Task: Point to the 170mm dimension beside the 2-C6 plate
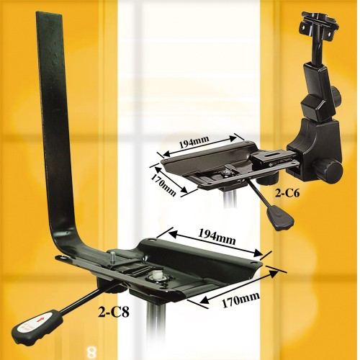pyautogui.click(x=163, y=181)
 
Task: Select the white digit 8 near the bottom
pyautogui.click(x=91, y=353)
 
